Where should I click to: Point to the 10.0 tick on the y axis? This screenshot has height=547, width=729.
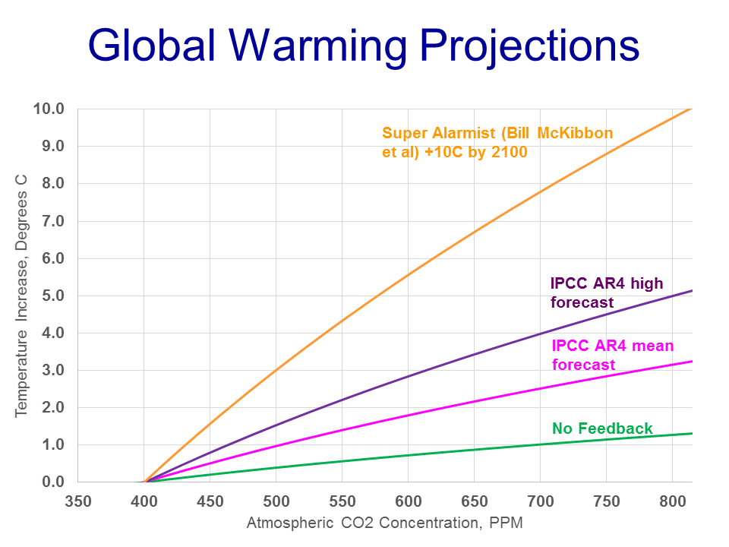point(49,109)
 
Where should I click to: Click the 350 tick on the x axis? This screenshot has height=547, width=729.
point(78,501)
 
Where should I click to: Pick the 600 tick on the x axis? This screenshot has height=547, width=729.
point(409,501)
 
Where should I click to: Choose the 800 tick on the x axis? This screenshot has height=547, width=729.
point(673,501)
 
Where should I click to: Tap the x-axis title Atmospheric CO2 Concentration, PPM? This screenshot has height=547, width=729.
point(385,523)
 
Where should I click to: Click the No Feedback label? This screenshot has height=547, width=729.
point(602,428)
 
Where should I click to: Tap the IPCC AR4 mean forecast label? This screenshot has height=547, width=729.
point(612,355)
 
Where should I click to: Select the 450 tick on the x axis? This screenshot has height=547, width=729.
point(210,501)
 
